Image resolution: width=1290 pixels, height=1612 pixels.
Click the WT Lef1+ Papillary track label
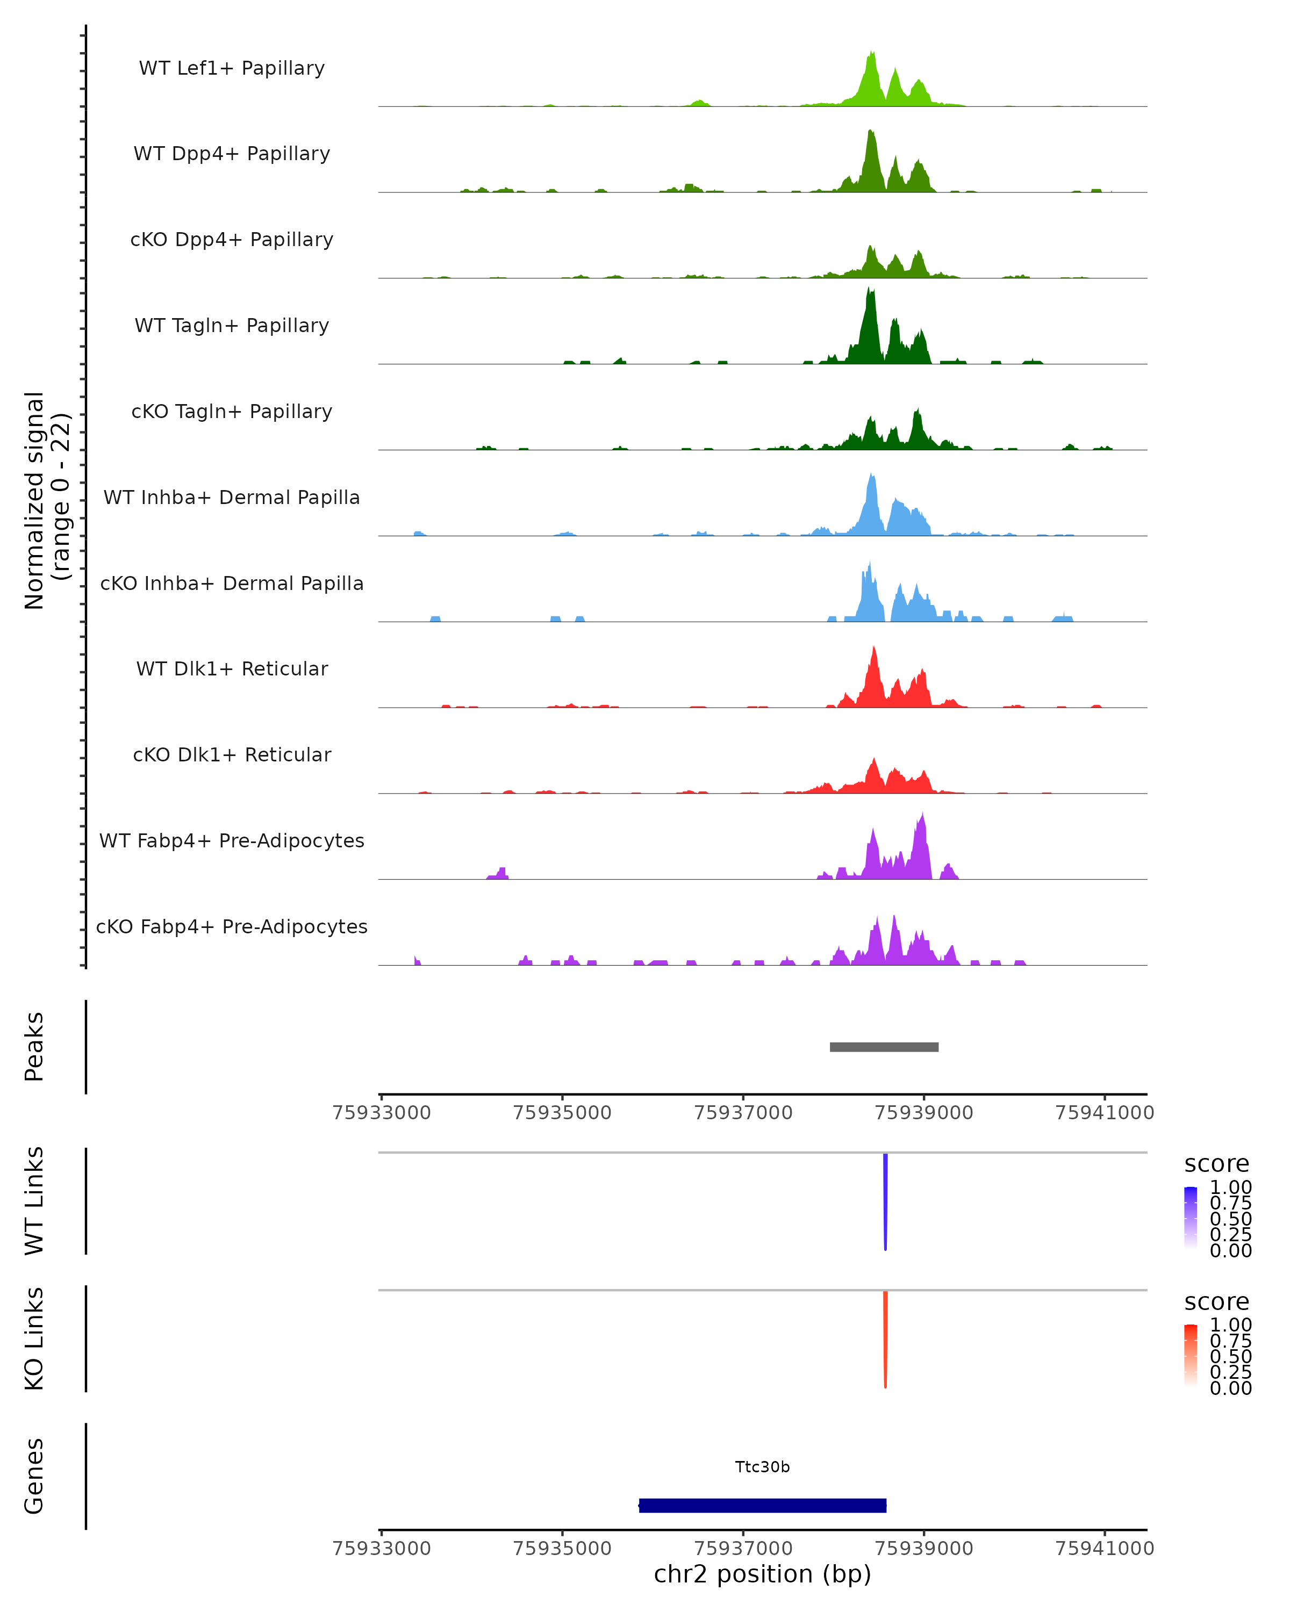(232, 68)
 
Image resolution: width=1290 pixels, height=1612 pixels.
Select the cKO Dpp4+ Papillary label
(232, 239)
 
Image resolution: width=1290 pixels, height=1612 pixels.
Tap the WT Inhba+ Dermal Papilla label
(232, 497)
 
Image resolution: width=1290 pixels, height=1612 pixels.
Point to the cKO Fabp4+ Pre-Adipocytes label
(232, 926)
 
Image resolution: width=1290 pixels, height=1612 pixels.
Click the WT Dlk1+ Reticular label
(232, 668)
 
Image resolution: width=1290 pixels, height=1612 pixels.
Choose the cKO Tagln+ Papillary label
(232, 411)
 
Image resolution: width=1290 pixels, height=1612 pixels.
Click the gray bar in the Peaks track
(884, 1047)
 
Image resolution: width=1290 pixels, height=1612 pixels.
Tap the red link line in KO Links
(885, 1339)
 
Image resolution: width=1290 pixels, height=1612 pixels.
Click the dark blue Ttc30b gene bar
(763, 1505)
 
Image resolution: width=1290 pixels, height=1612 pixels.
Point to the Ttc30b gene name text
(763, 1467)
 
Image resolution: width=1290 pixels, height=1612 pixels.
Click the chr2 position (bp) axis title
(763, 1574)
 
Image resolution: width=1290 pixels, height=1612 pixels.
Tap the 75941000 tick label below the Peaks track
(1105, 1113)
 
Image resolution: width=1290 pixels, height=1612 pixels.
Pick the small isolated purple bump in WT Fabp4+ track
(499, 873)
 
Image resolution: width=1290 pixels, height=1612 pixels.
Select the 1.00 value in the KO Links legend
(1231, 1325)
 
